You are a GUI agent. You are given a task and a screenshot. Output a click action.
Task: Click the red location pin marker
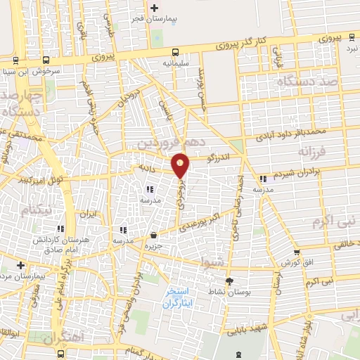181,165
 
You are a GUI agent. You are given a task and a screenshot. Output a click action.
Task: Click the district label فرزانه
312,151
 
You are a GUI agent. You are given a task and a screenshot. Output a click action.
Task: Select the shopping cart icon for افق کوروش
297,251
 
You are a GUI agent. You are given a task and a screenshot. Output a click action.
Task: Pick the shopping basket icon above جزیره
153,235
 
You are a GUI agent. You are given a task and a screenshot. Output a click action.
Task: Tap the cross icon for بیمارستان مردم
21,266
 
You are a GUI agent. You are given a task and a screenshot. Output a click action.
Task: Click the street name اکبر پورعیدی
200,224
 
